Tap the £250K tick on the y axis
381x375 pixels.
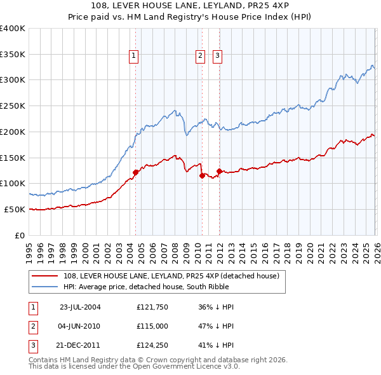13,106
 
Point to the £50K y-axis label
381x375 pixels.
15,209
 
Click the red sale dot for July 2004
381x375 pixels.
135,172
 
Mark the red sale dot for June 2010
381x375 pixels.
202,175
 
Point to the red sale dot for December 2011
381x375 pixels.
219,171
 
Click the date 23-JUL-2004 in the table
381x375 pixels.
79,307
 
